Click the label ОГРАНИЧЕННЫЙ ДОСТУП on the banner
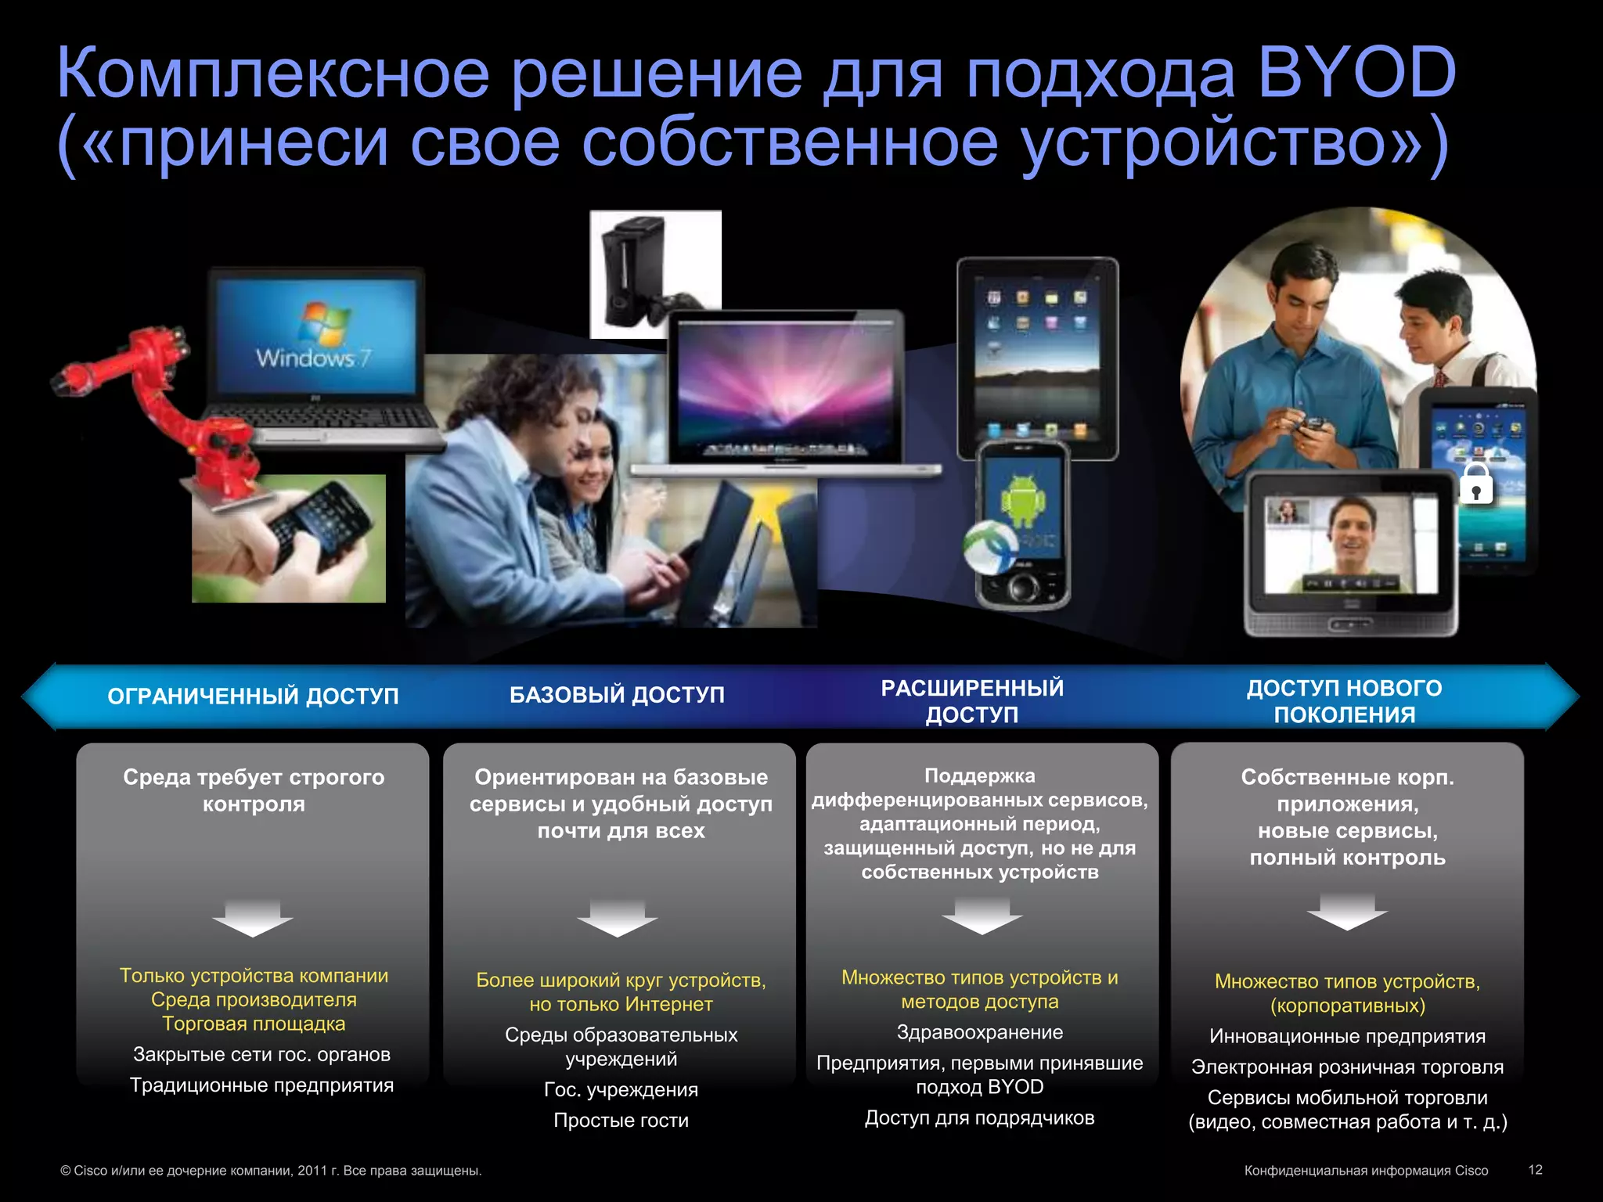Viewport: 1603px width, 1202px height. [253, 696]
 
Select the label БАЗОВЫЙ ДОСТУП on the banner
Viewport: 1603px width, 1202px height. [617, 695]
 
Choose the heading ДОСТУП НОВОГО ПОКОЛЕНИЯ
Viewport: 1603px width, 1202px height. [1344, 701]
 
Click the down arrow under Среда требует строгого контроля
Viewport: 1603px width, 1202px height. [252, 918]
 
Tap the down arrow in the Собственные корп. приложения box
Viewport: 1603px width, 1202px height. [1346, 912]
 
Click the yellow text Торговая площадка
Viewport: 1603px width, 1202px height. [254, 1024]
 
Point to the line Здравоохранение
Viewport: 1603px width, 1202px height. [979, 1032]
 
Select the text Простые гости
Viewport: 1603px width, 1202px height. [621, 1120]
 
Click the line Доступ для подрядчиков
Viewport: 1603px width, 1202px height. [979, 1117]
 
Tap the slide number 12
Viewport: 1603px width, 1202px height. [1535, 1169]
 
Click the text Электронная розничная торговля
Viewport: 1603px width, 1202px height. [1347, 1067]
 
